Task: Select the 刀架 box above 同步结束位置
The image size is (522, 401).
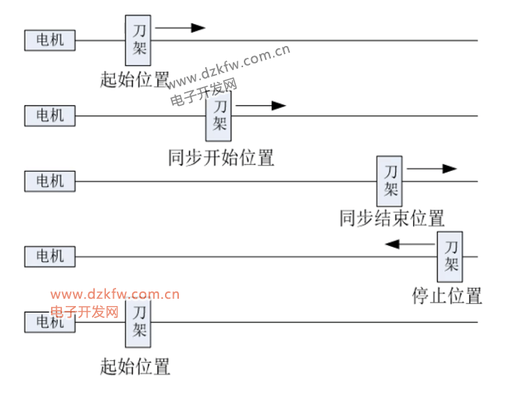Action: [391, 180]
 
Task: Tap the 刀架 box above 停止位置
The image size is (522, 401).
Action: [450, 256]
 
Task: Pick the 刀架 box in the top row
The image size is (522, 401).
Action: [139, 40]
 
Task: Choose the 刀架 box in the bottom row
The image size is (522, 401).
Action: [139, 322]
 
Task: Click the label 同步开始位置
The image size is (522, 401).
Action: [220, 157]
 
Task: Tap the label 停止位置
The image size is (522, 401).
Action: [447, 296]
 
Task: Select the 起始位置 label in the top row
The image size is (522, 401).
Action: [135, 79]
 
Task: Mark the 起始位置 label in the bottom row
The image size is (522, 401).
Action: [135, 366]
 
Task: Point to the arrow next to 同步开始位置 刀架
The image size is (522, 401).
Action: [260, 106]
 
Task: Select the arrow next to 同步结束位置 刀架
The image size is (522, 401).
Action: [431, 169]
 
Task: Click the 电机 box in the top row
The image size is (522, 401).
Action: [50, 39]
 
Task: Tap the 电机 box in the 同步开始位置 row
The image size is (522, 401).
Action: [50, 115]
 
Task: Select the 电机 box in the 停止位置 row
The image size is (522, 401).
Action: [50, 256]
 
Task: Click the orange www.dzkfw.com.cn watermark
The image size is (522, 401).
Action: [115, 295]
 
